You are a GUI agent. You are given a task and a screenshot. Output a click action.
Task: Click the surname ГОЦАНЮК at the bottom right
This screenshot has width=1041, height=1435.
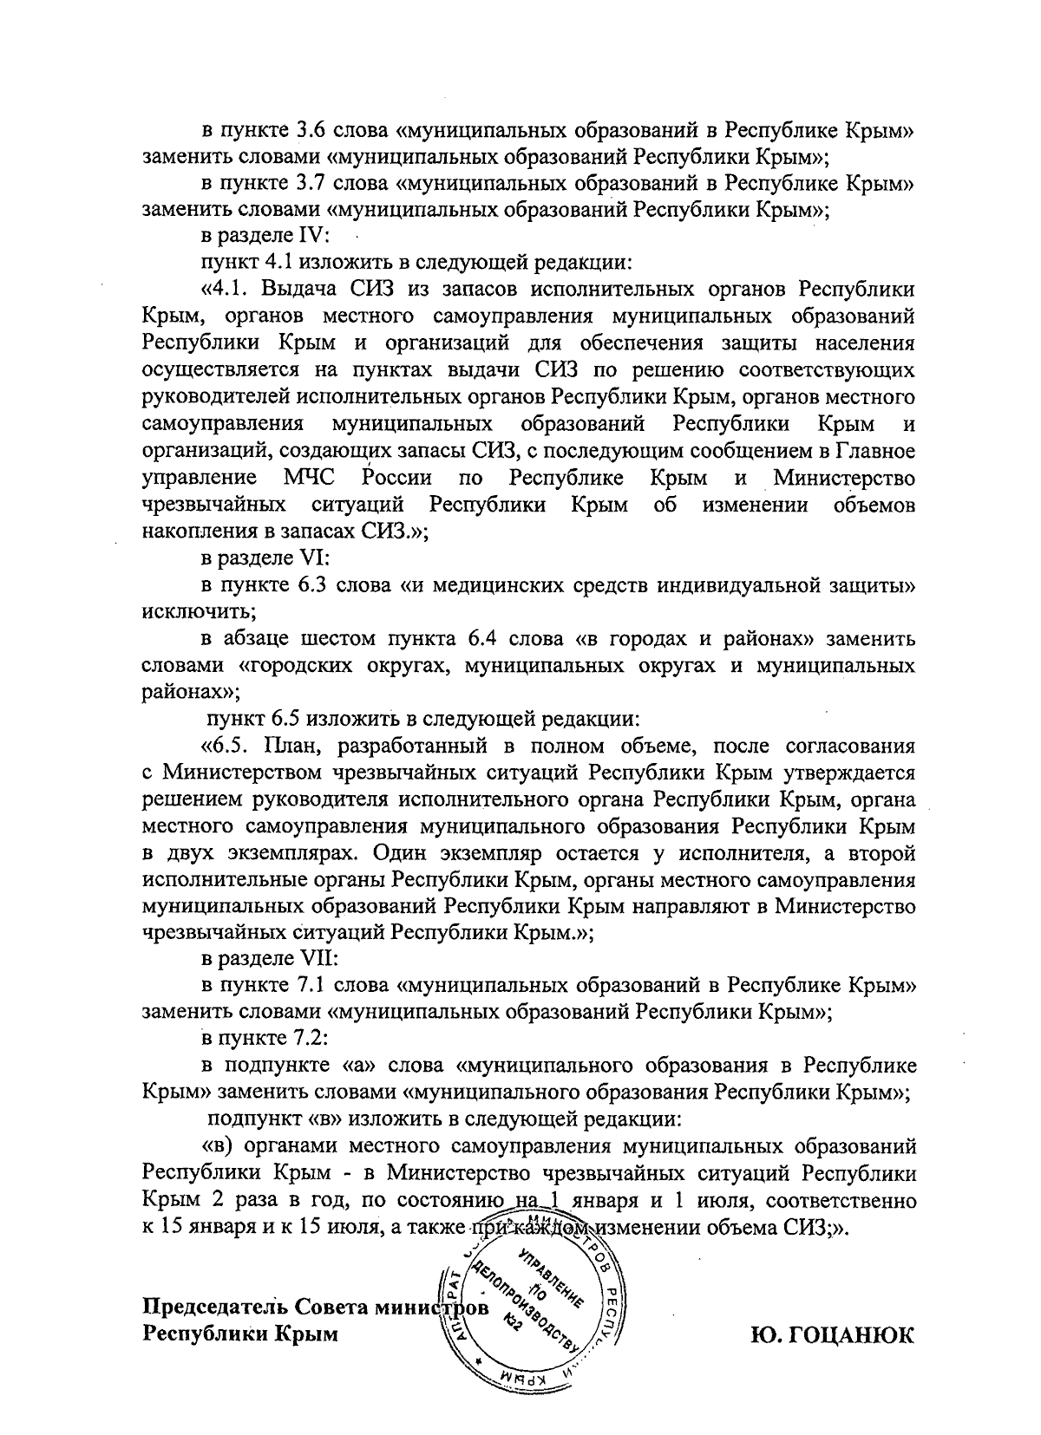pyautogui.click(x=832, y=1334)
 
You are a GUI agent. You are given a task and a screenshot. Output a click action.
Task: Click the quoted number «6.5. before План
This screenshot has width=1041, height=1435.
pyautogui.click(x=226, y=745)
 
